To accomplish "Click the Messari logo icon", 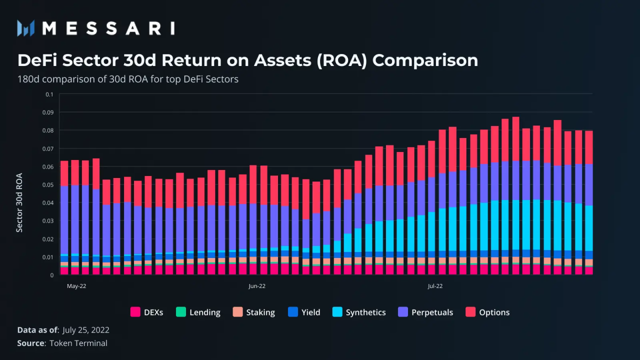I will (x=25, y=28).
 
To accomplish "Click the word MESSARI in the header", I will (x=108, y=28).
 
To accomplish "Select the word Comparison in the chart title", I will (x=425, y=60).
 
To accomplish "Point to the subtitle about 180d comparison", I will (x=128, y=79).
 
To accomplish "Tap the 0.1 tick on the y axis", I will (x=49, y=94).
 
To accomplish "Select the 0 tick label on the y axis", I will (x=51, y=275).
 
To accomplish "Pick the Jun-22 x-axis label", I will (x=257, y=286).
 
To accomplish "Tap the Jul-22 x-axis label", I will (x=435, y=286).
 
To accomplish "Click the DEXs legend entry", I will (x=146, y=312).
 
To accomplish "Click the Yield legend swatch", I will (x=293, y=312).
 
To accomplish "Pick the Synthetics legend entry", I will (x=359, y=312).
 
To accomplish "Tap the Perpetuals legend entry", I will (x=425, y=312).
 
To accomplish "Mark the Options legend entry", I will (x=487, y=312).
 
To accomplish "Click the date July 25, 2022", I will (x=86, y=330).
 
